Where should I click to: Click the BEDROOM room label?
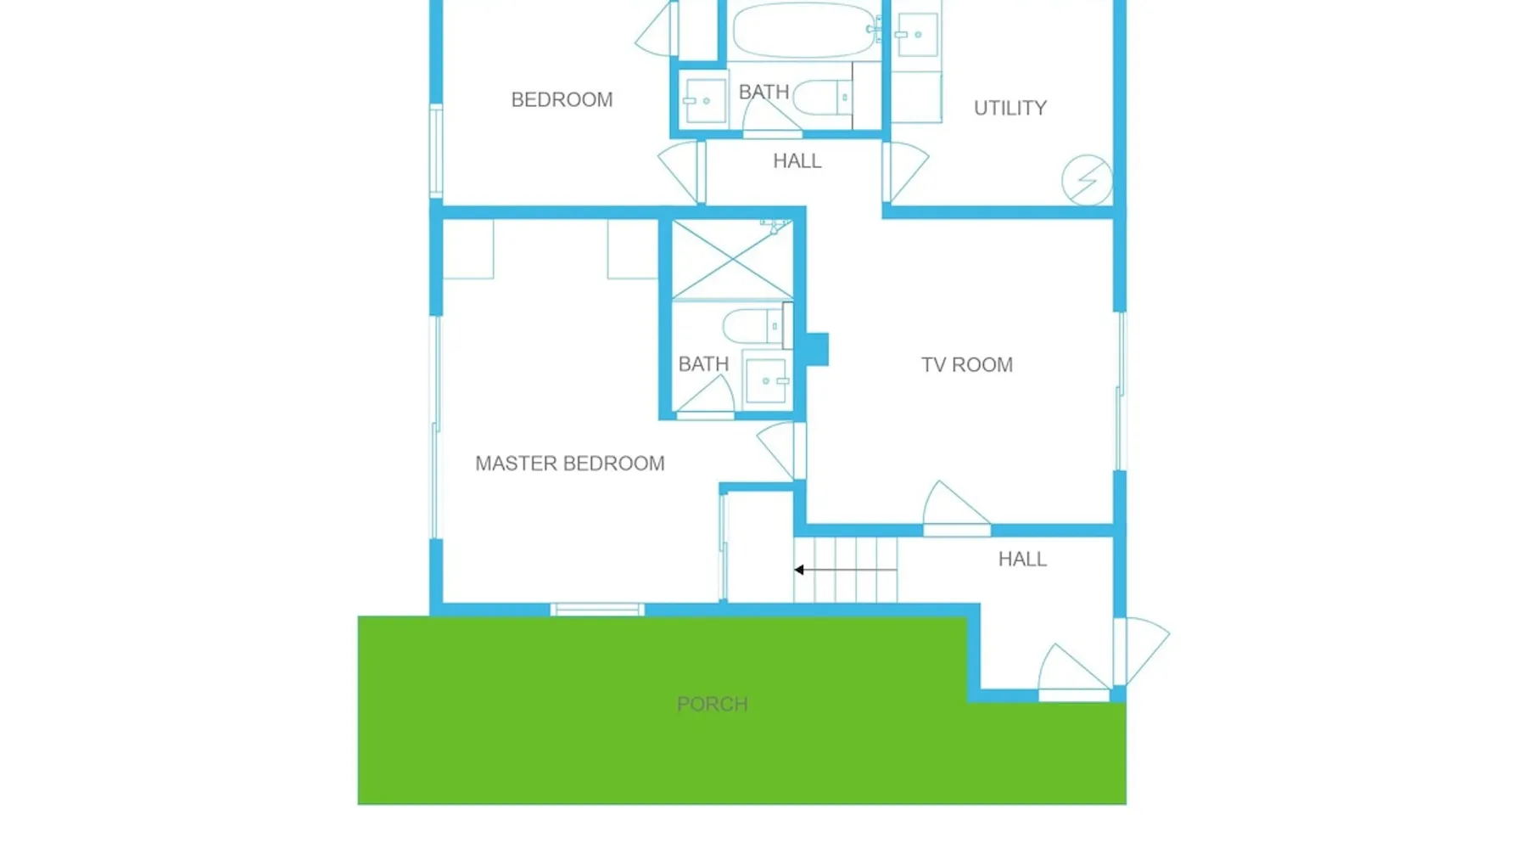[562, 100]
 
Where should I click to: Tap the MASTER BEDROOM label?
[570, 464]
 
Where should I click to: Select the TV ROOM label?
[967, 365]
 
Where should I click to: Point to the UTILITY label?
[1010, 109]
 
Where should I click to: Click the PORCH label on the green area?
[713, 705]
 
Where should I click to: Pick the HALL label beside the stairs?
[1022, 559]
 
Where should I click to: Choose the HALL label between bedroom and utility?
[797, 161]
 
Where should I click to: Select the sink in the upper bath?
[705, 101]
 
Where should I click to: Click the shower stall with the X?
[732, 260]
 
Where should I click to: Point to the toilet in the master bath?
[753, 326]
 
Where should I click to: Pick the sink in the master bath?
[766, 381]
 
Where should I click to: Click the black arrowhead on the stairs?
[799, 570]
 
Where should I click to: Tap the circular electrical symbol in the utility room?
[1088, 180]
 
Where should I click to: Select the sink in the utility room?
[917, 35]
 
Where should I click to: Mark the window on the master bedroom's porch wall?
[597, 610]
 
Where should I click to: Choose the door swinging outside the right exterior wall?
[1143, 650]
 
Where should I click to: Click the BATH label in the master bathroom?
[703, 364]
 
